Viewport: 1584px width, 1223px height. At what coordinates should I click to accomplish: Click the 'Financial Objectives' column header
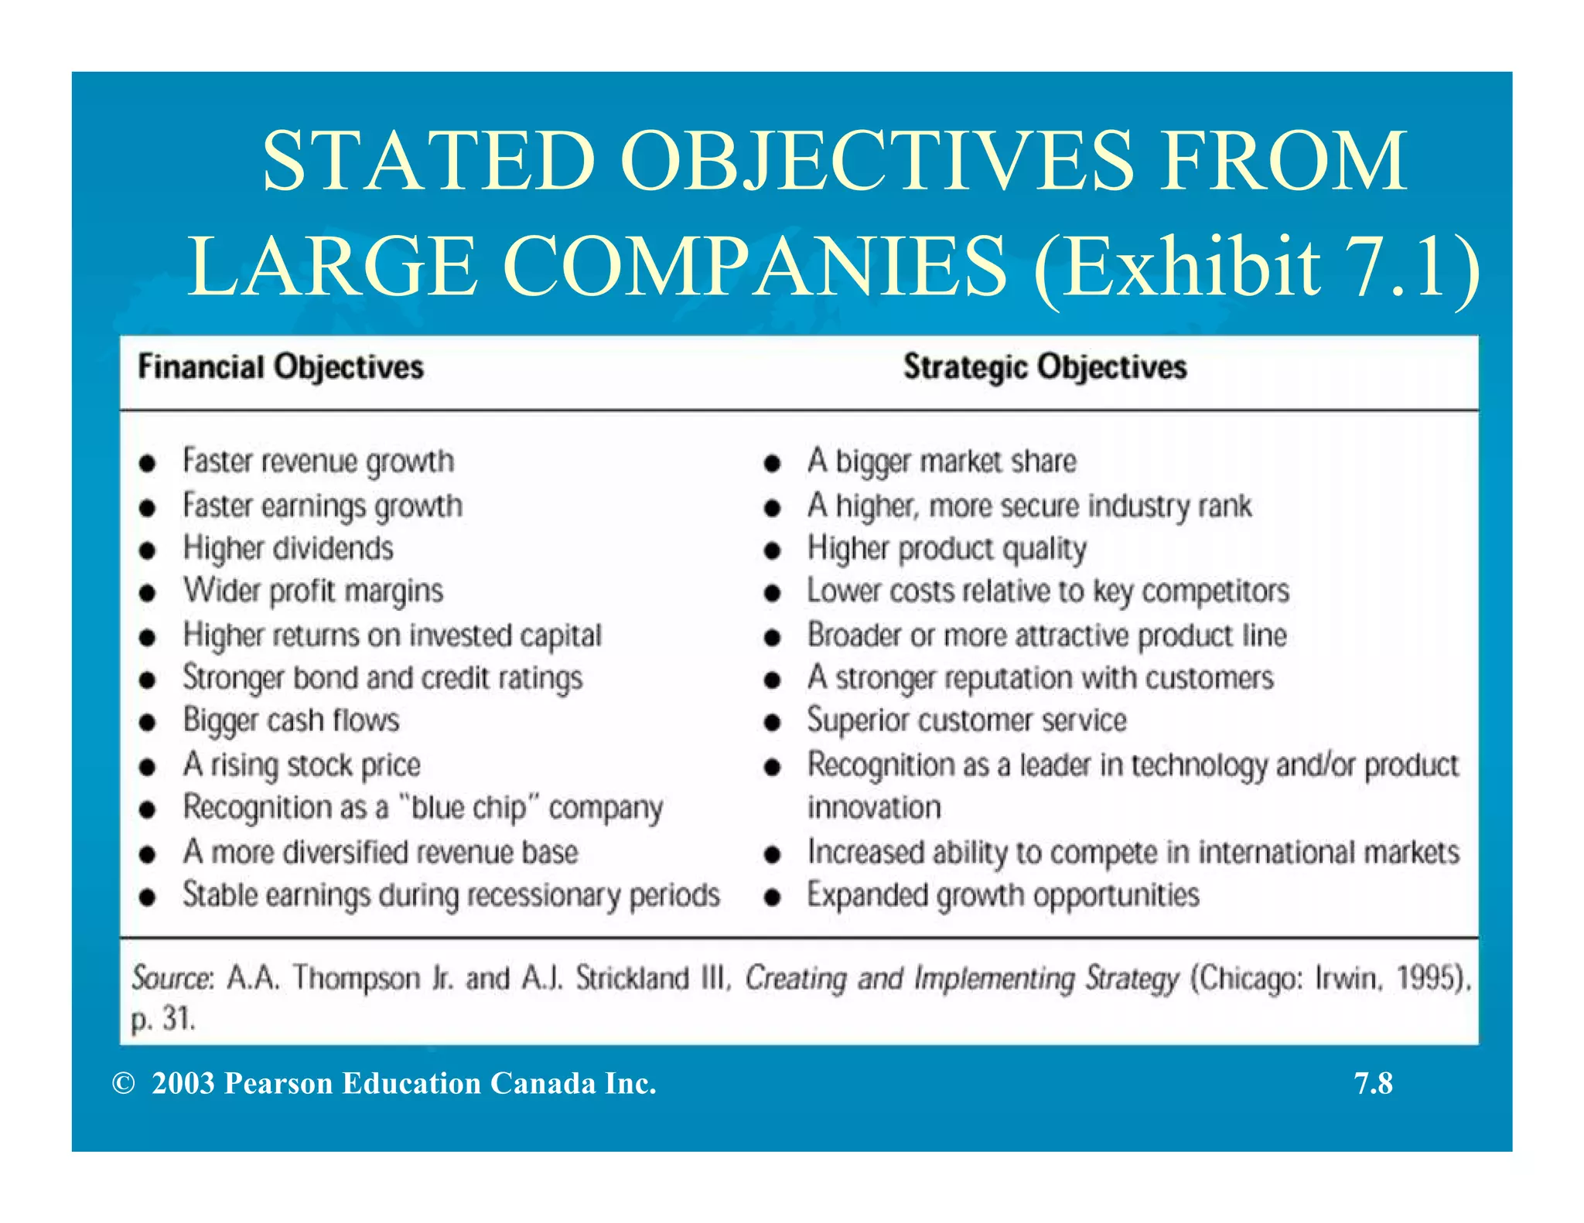[x=280, y=367]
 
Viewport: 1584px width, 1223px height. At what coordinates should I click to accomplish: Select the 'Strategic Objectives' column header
[x=1044, y=367]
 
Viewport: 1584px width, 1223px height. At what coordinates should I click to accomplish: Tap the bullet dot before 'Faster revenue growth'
[x=148, y=463]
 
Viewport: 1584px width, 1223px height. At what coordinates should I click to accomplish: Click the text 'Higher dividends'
[x=288, y=548]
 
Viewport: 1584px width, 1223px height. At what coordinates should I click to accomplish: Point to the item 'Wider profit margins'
[x=312, y=591]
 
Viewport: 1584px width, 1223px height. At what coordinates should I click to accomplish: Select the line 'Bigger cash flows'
[x=291, y=721]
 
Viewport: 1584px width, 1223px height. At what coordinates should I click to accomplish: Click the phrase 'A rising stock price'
[x=302, y=765]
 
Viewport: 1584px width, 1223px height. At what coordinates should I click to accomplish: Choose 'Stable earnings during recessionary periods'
[x=451, y=895]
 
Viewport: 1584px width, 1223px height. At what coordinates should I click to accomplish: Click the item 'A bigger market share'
[x=941, y=462]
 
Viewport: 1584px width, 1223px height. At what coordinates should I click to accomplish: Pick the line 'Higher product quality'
[x=947, y=548]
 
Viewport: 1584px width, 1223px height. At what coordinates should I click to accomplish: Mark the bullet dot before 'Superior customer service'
[x=772, y=723]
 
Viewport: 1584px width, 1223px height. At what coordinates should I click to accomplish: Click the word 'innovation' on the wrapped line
[x=874, y=808]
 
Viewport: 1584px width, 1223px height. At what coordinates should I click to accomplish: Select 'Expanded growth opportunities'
[x=1003, y=895]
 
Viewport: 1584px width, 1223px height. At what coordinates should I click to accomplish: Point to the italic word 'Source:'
[x=172, y=978]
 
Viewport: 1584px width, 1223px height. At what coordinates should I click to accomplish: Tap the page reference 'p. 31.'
[x=162, y=1020]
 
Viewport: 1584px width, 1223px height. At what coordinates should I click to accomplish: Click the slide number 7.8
[x=1373, y=1084]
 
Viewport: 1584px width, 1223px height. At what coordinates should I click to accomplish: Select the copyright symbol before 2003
[x=123, y=1084]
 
